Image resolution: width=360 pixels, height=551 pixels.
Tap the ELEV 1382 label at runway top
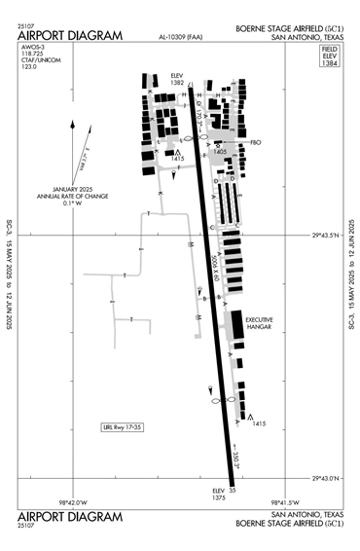[177, 79]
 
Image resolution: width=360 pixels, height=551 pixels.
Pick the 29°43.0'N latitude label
[329, 478]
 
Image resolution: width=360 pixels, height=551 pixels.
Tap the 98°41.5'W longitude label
[271, 502]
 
